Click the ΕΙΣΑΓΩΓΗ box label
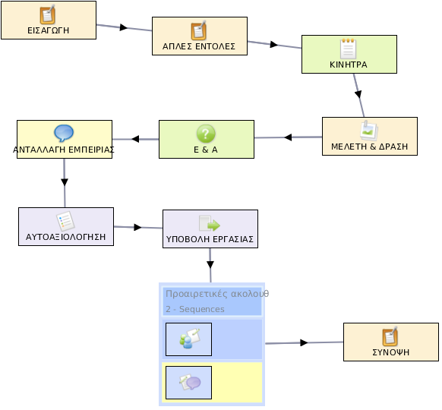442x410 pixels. tap(48, 30)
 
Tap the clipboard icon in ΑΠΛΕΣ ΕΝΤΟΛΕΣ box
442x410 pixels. tap(199, 30)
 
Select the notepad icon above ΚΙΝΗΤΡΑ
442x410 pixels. tap(349, 49)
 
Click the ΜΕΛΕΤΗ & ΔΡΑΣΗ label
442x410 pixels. tap(370, 147)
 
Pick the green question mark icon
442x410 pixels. tap(206, 134)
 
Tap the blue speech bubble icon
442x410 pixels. tap(64, 133)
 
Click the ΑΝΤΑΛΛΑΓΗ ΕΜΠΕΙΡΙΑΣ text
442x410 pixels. tap(64, 150)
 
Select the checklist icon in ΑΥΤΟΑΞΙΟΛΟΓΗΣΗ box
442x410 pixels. tap(65, 221)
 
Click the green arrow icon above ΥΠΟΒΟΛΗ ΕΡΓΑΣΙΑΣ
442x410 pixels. tap(210, 224)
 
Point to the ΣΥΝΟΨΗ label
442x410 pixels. tap(391, 352)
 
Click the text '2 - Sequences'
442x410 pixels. tap(195, 309)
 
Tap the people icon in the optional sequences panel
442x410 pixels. tap(189, 339)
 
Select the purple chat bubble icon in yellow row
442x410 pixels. tap(190, 383)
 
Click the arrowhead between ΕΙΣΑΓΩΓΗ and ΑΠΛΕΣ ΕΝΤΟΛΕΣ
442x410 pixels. tap(124, 27)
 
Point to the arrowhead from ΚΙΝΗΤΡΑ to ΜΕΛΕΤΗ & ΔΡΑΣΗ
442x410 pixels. tap(358, 94)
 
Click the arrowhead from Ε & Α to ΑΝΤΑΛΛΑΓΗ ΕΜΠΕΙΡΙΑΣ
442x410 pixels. tap(135, 139)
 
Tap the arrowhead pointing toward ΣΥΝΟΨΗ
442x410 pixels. tap(304, 342)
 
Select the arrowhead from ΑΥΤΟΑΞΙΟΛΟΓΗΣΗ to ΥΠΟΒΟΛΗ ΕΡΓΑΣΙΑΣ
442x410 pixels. tap(137, 227)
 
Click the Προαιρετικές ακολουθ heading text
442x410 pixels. tap(217, 294)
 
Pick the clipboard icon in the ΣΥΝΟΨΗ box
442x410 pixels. tap(390, 336)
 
